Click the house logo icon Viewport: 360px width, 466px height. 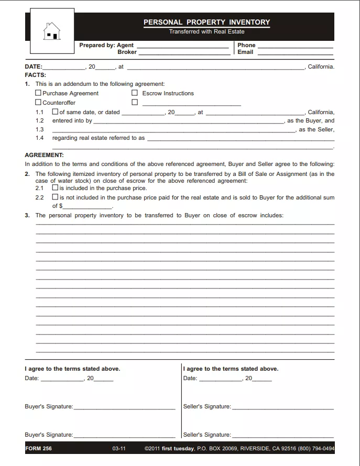(52, 31)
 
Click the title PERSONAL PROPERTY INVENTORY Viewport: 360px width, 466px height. (206, 22)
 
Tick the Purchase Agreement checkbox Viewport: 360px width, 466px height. (38, 93)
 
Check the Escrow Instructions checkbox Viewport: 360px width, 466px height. (135, 93)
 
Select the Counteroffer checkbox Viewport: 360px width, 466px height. (38, 103)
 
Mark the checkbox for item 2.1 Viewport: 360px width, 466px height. (55, 187)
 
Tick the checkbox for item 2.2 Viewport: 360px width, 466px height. (55, 197)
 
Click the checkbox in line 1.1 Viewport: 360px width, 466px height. (55, 112)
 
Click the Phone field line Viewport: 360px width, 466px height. (295, 47)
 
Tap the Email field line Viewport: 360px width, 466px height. (295, 53)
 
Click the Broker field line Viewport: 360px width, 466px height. (183, 53)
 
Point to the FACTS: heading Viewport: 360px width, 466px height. (36, 75)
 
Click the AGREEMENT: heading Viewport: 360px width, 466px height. (44, 155)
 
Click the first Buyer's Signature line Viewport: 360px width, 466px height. (124, 408)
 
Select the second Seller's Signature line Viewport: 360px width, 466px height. (282, 436)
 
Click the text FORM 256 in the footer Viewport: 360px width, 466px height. (39, 449)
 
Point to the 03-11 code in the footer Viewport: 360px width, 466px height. (119, 449)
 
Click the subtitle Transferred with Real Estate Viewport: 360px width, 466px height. (206, 32)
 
